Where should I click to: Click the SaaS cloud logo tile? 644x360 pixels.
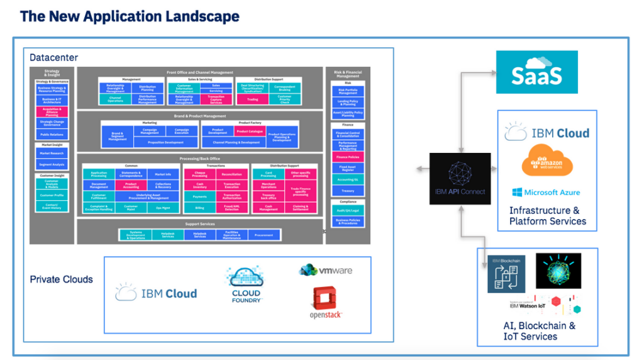click(536, 72)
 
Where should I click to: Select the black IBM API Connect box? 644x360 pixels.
click(460, 178)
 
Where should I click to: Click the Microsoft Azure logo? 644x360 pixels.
click(546, 192)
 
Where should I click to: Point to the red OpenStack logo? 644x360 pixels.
click(325, 303)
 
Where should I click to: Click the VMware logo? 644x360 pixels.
click(326, 271)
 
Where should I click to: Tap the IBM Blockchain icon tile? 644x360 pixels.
click(506, 274)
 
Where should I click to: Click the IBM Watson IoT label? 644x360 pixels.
click(526, 306)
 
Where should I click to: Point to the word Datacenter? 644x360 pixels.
click(53, 58)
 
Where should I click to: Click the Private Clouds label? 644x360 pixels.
click(61, 279)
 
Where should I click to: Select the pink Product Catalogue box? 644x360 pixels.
click(249, 132)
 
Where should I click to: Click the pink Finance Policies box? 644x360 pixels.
click(348, 157)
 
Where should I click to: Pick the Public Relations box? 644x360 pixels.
click(52, 134)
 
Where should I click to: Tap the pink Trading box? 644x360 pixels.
click(252, 99)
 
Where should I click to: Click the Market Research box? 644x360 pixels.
click(52, 153)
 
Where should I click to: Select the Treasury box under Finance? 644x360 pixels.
click(348, 191)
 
